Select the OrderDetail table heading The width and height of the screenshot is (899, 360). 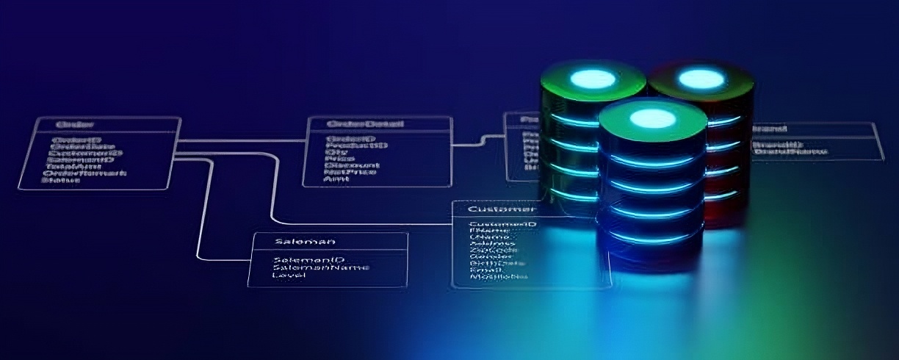365,124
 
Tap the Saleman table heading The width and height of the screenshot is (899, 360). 304,241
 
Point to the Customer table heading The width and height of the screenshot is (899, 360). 499,209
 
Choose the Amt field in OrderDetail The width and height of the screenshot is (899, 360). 337,181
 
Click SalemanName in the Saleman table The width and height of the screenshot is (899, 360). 320,267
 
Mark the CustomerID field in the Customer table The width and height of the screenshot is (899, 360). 502,224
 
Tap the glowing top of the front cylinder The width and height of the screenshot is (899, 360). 646,118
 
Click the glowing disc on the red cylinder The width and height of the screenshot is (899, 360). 701,78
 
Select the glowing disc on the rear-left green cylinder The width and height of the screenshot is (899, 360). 592,78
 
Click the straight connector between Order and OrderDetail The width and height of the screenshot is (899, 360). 242,139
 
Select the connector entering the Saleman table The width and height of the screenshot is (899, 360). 228,259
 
